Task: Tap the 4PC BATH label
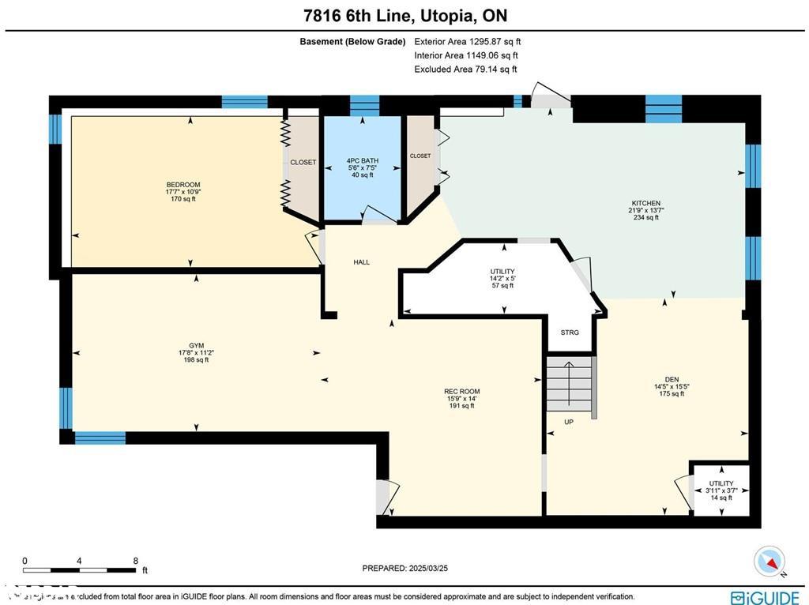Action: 363,160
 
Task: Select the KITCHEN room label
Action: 645,203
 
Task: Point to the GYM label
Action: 196,345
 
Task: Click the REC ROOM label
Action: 461,392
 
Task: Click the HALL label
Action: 361,262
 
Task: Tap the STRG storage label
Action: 570,333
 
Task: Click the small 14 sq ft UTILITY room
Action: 721,490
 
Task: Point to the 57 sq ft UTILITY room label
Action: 502,272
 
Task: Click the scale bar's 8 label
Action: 136,560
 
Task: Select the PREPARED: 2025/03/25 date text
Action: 404,568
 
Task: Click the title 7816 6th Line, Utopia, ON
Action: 404,15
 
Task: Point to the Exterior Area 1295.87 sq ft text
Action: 467,41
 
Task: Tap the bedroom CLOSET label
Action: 303,163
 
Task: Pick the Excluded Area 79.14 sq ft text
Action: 465,70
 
